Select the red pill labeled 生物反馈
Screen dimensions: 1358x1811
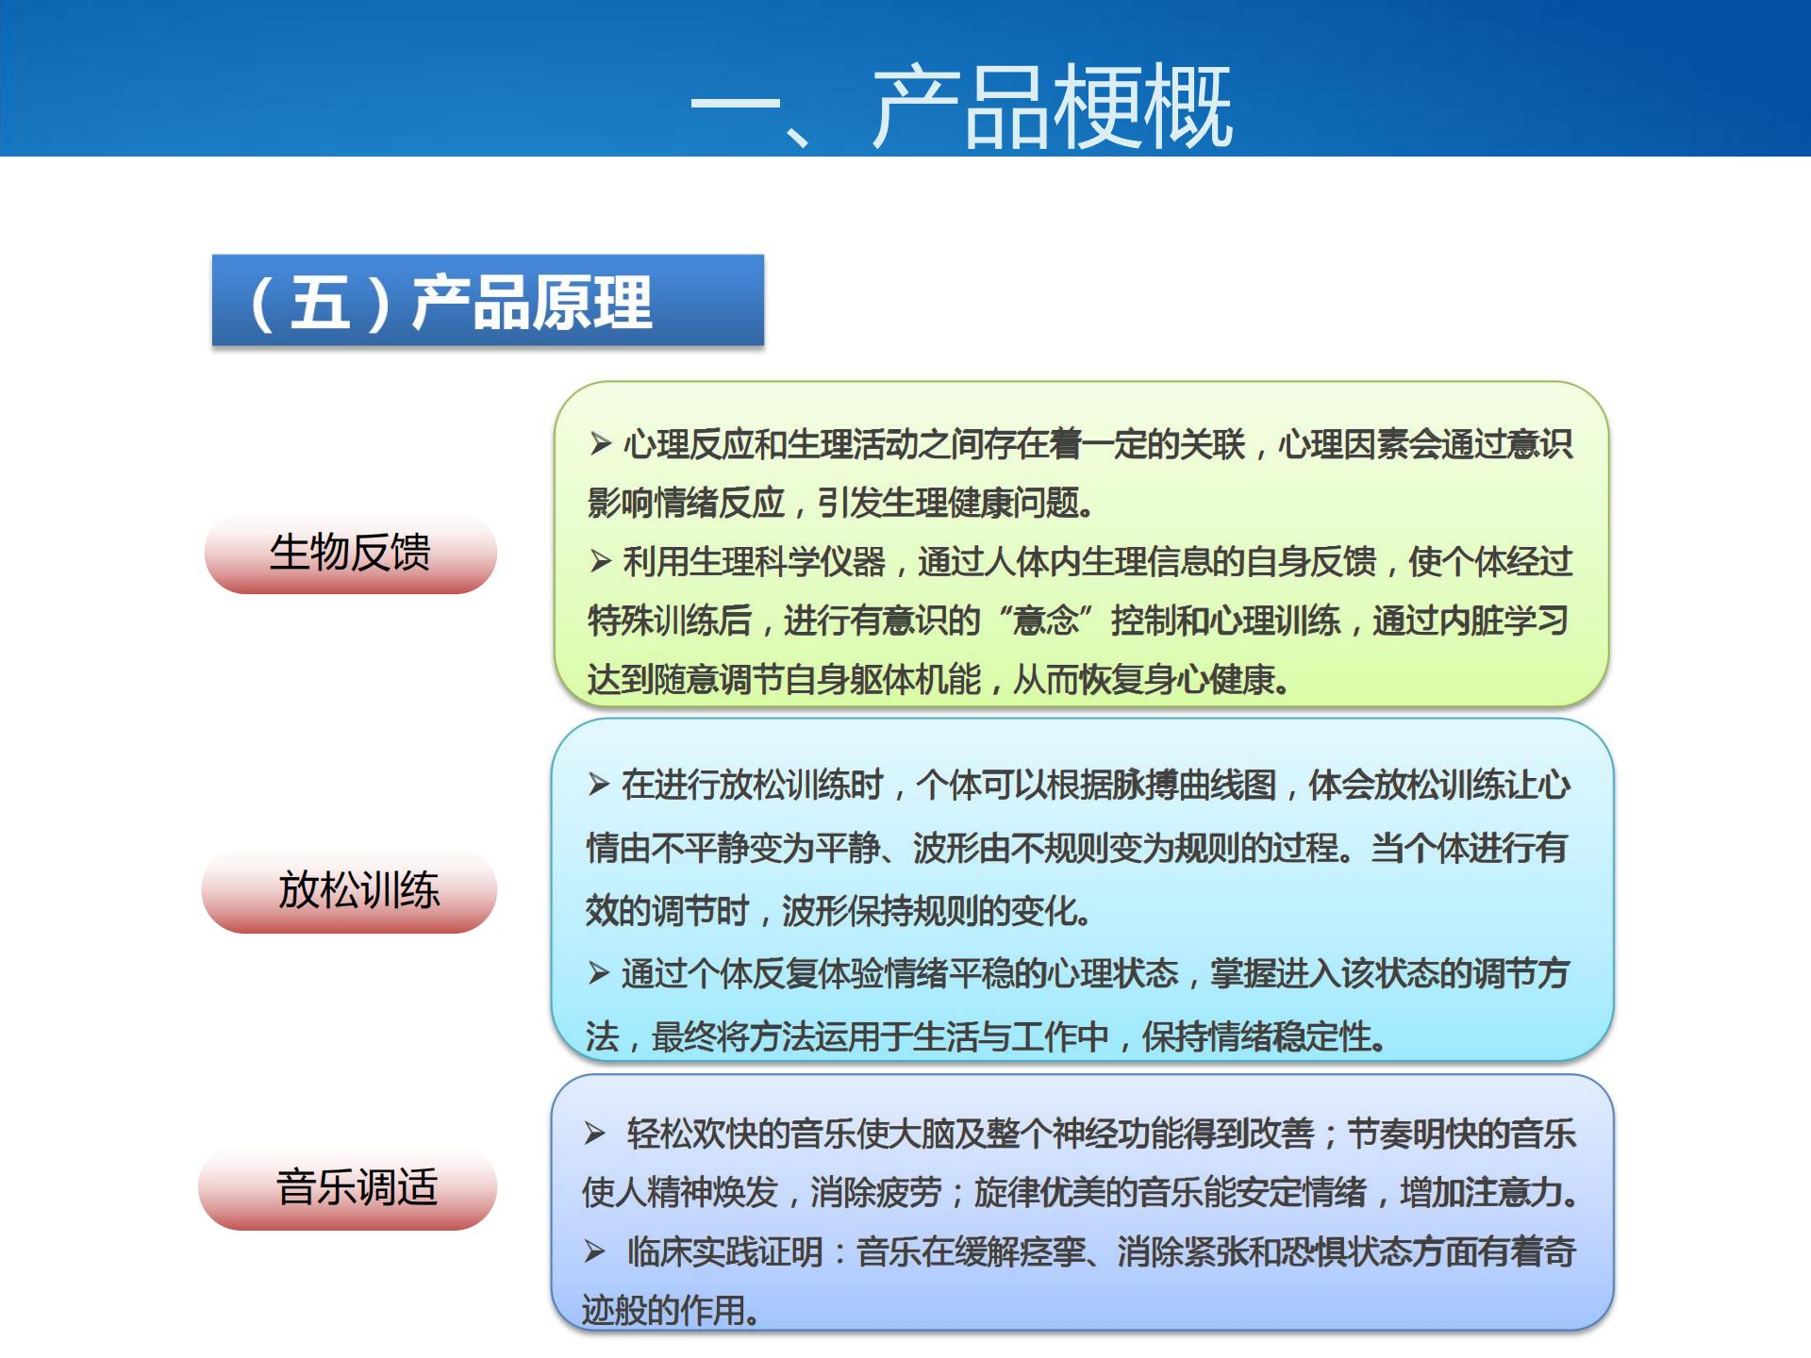[350, 553]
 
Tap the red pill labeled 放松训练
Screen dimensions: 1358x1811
[358, 890]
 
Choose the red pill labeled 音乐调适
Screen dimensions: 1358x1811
[357, 1187]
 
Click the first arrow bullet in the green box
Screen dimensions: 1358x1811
[601, 443]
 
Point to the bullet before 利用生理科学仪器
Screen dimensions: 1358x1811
[601, 561]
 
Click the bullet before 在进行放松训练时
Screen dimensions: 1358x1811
[599, 784]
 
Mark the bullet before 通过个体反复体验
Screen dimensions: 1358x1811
[599, 972]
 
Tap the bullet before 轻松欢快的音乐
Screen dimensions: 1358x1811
[594, 1133]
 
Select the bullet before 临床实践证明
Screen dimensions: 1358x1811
[594, 1251]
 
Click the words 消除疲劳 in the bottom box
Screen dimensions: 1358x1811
[875, 1193]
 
